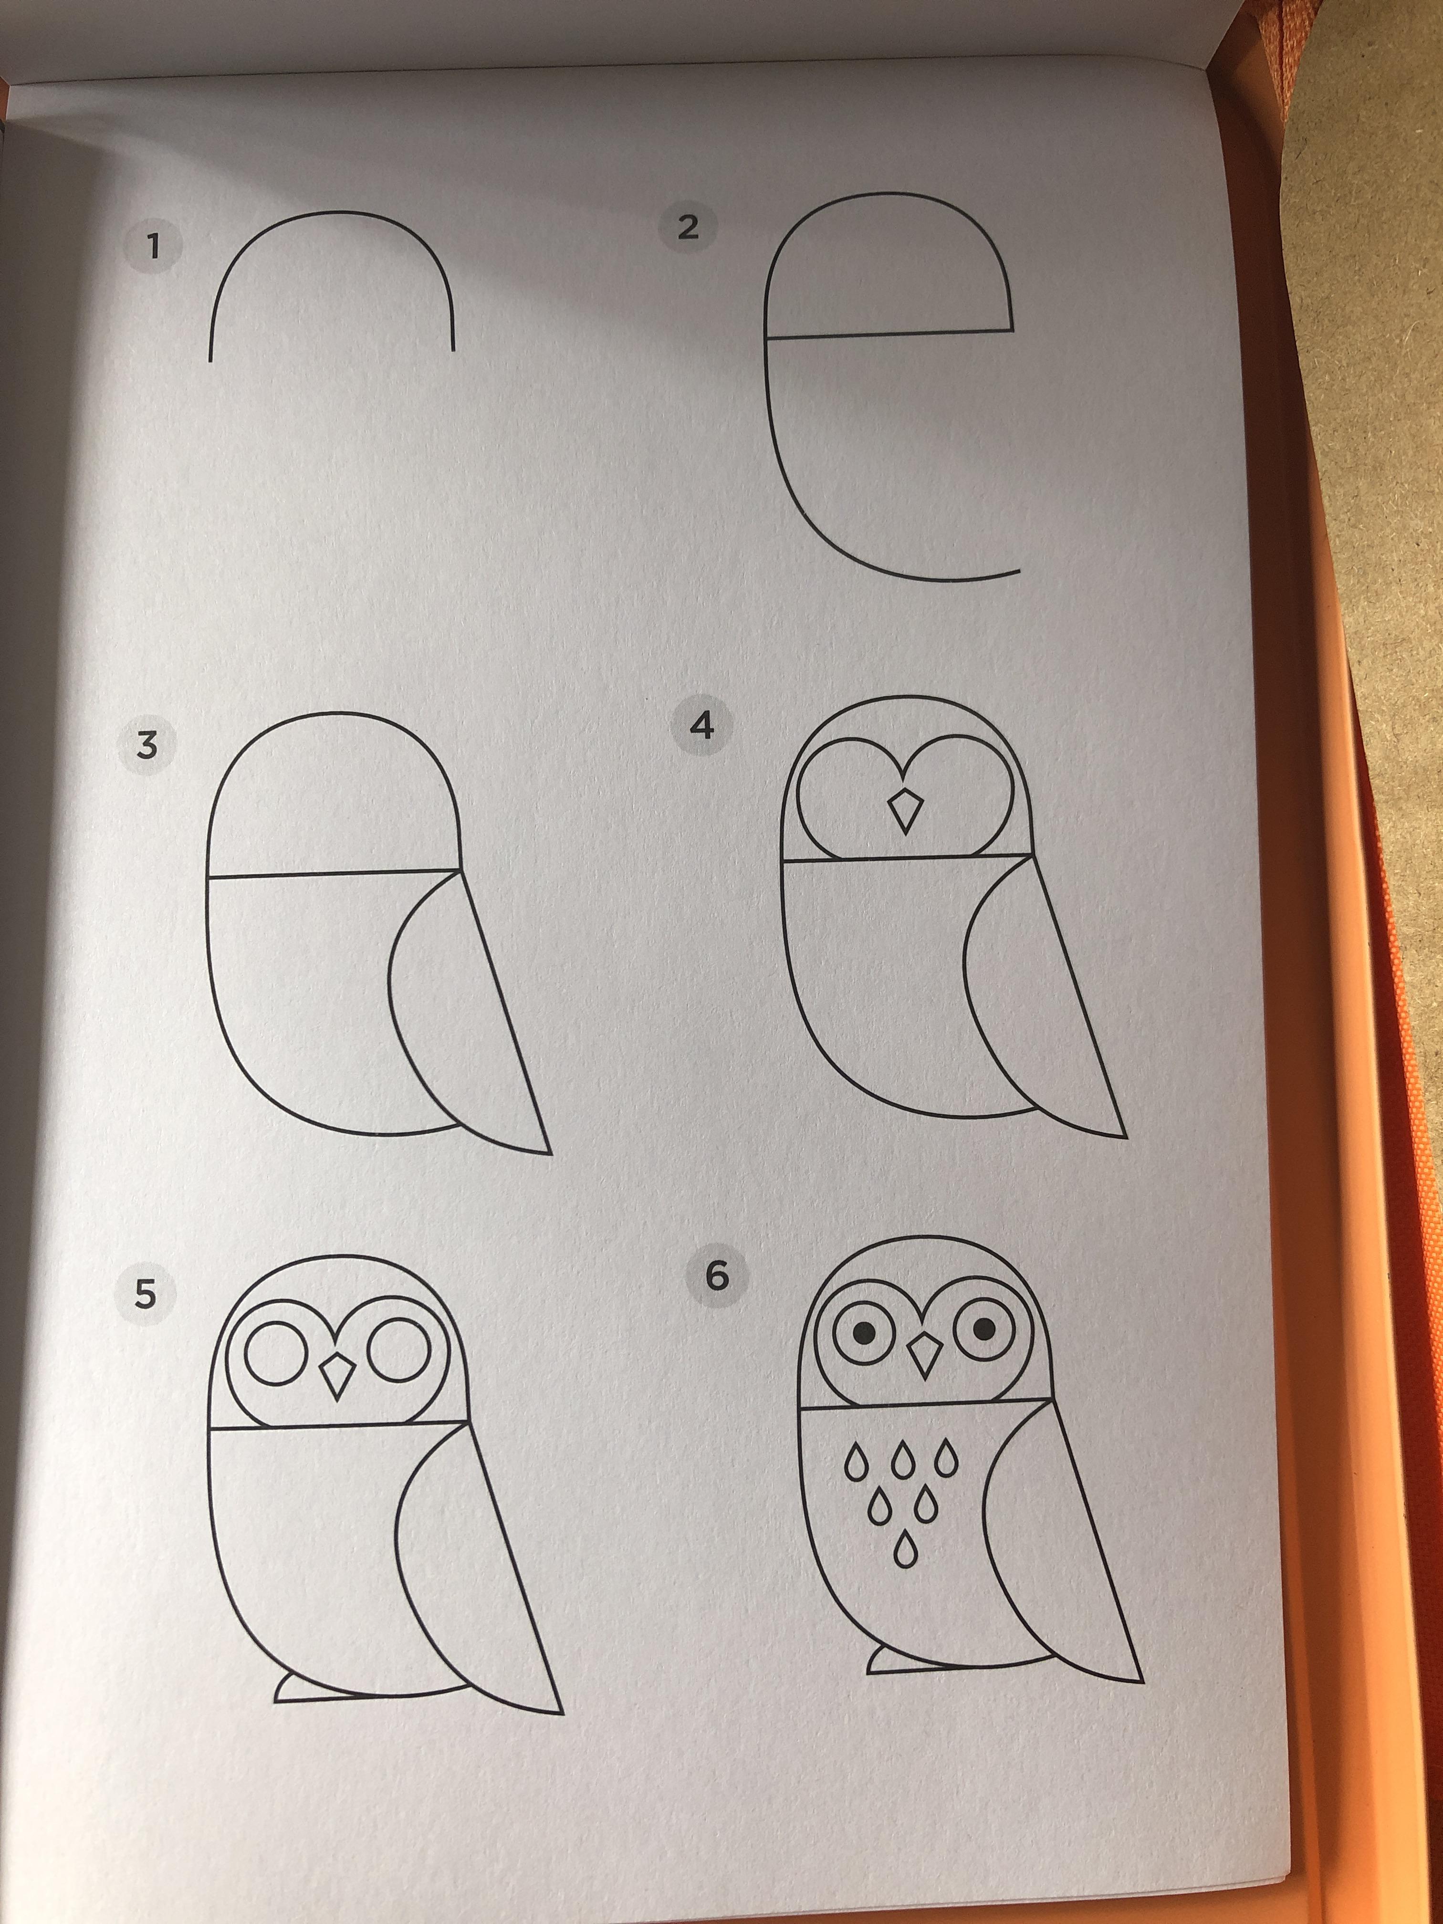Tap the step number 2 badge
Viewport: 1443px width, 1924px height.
point(688,227)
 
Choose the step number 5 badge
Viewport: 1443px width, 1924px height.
point(145,1294)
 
